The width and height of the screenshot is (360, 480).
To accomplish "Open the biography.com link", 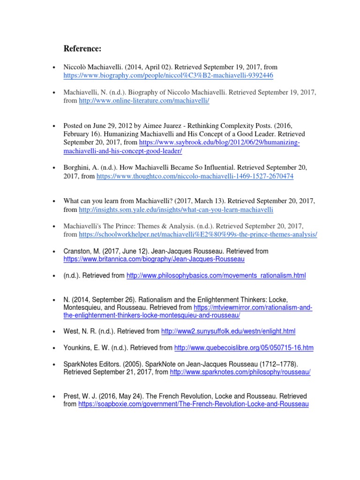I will pos(168,75).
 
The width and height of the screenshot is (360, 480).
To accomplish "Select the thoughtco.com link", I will pos(195,177).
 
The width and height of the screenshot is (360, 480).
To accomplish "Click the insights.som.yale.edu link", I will pos(176,210).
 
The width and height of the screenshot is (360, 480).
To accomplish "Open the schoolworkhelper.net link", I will pos(198,234).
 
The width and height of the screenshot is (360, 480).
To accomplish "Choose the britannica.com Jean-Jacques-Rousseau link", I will pos(154,259).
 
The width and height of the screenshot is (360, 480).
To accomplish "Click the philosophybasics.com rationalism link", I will pos(216,276).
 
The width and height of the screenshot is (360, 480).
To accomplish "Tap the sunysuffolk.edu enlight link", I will pos(228,331).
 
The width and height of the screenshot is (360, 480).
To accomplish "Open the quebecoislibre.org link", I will pos(244,348).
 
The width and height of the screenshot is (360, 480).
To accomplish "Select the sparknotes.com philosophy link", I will pos(240,372).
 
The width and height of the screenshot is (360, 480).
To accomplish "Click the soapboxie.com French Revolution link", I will pos(194,404).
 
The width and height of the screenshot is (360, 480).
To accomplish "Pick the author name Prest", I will pos(71,396).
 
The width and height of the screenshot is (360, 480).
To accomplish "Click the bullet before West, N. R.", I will pos(55,331).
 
